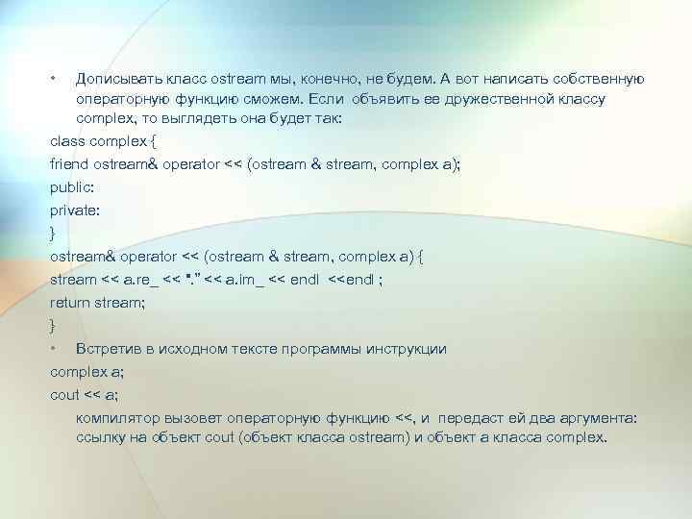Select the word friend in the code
[68, 163]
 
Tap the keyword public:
[70, 187]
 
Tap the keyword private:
[73, 210]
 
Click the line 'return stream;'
[97, 303]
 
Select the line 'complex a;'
[84, 372]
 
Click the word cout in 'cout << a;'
[64, 395]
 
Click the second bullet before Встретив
[55, 349]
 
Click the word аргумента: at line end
[603, 419]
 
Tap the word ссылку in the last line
[99, 437]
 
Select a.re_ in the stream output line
[142, 280]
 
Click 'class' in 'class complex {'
[66, 140]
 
